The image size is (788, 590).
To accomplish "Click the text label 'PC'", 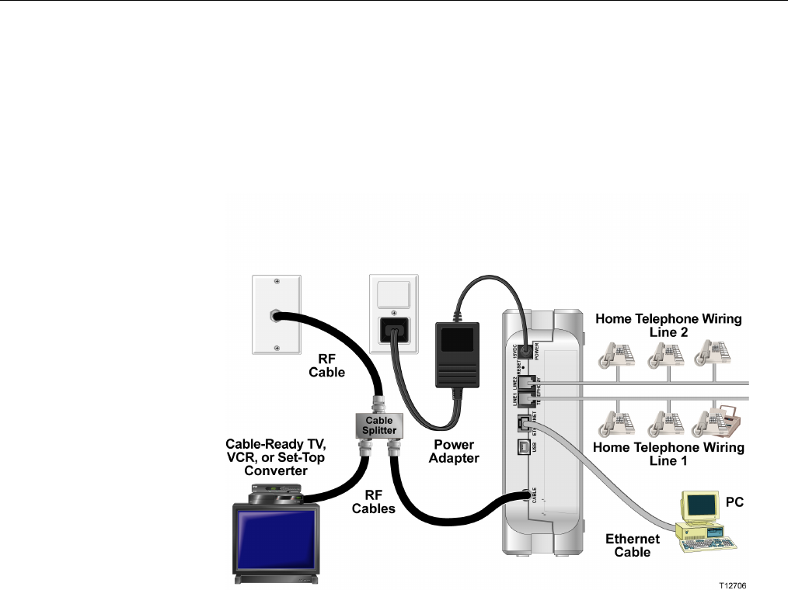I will pyautogui.click(x=734, y=502).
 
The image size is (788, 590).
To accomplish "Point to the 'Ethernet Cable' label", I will pyautogui.click(x=633, y=545).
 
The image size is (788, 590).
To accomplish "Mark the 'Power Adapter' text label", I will pyautogui.click(x=455, y=452).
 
